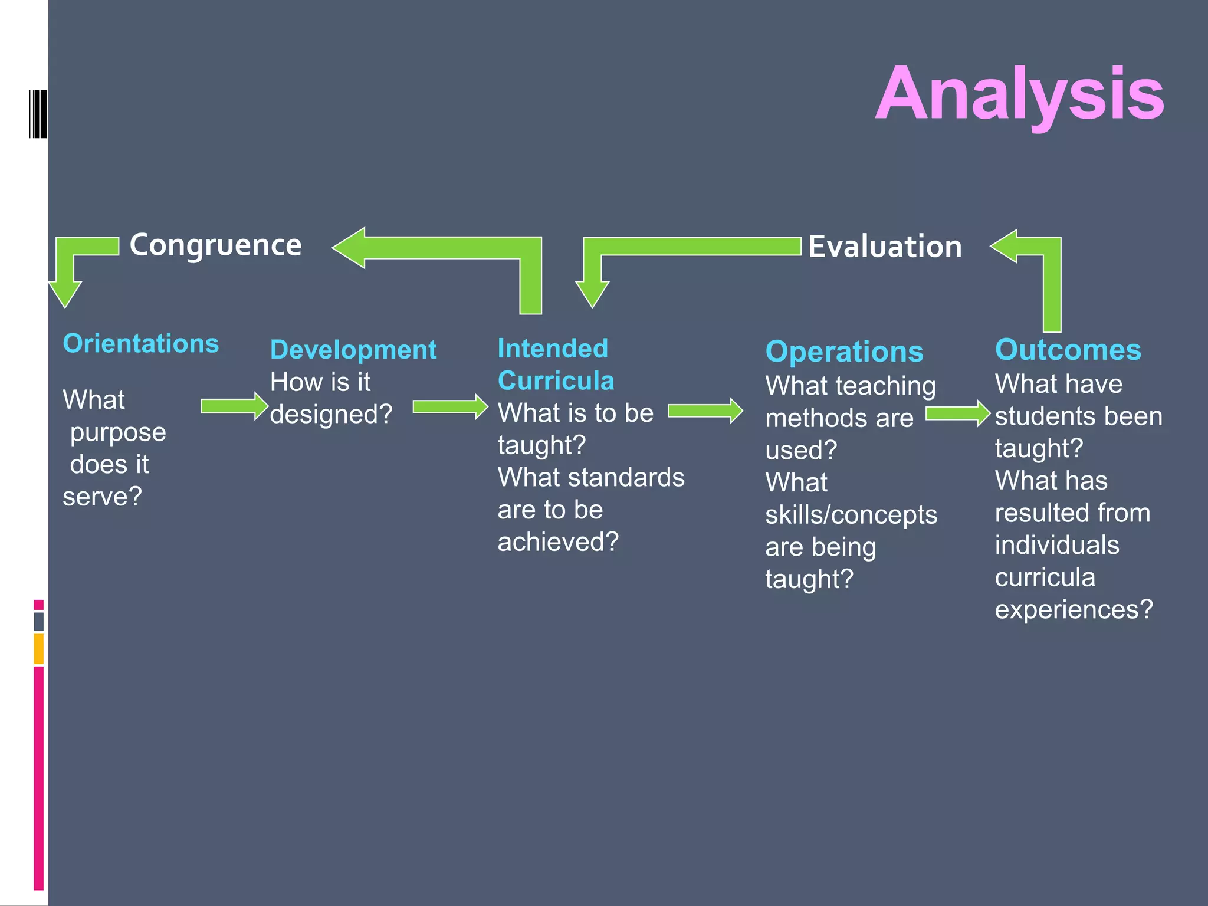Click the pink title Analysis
[1019, 94]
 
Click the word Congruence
[215, 245]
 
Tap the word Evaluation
[885, 247]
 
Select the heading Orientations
[140, 343]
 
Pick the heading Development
[353, 350]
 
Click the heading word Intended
[553, 349]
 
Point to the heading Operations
[844, 352]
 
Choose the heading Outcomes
[1068, 350]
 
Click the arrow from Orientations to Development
[234, 406]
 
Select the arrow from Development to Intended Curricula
[449, 407]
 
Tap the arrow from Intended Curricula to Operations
[705, 411]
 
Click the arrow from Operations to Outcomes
[957, 413]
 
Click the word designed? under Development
[331, 414]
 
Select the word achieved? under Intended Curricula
[558, 541]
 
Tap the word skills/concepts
[851, 515]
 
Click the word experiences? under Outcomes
[1074, 609]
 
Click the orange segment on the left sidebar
[39, 649]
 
